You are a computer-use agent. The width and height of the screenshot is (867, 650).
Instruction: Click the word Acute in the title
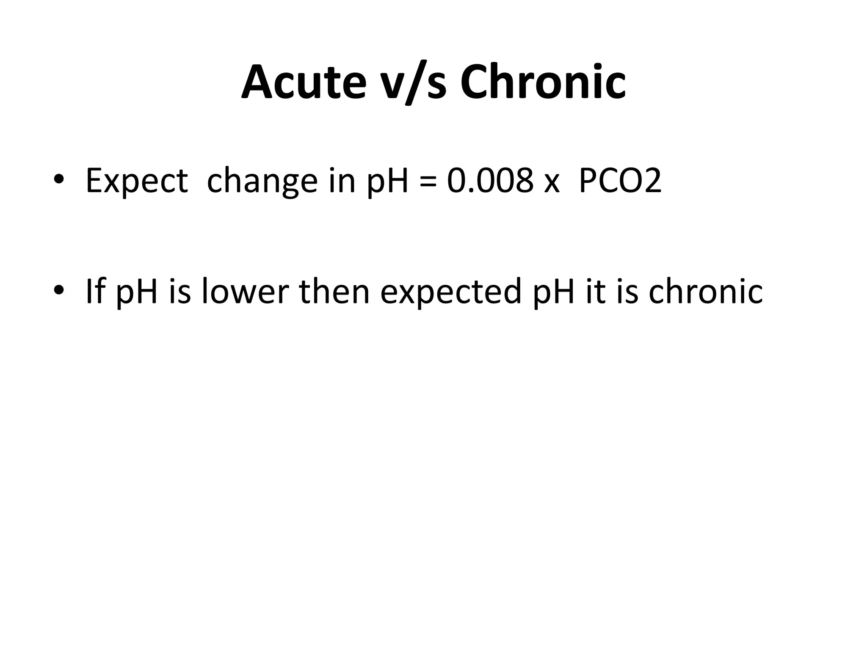(304, 82)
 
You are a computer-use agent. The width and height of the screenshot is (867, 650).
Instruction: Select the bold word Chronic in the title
(543, 82)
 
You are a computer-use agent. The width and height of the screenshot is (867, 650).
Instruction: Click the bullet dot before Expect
(59, 179)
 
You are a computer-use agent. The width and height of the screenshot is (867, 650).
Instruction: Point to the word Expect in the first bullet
(137, 181)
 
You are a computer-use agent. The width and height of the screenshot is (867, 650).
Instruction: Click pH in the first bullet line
(388, 181)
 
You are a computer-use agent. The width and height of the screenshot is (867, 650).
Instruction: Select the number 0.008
(490, 181)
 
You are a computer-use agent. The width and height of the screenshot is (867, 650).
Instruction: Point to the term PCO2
(619, 181)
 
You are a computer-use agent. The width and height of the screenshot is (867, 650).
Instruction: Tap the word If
(94, 291)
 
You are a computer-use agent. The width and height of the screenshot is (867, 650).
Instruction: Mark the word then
(334, 291)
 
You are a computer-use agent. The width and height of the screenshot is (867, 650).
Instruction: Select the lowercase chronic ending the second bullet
(705, 291)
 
